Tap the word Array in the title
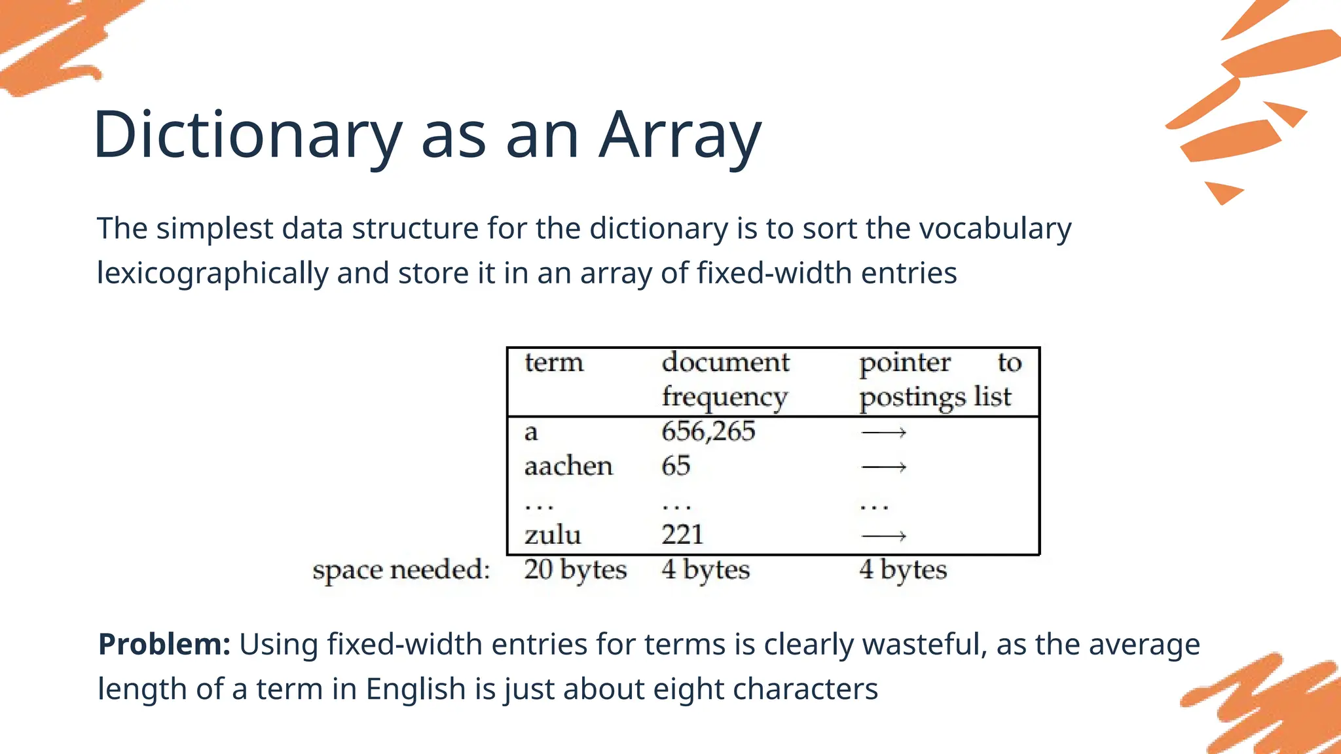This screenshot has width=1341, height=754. (680, 135)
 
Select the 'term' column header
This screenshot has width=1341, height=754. (553, 363)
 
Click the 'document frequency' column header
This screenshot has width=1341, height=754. (725, 380)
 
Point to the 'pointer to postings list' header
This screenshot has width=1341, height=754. (939, 380)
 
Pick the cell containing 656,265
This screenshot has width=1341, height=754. (708, 432)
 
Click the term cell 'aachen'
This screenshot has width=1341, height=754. (568, 467)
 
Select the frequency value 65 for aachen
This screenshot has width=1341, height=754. (676, 467)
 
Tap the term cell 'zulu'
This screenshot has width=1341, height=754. (553, 535)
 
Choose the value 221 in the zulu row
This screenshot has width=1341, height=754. (682, 535)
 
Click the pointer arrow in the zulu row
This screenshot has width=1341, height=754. (883, 537)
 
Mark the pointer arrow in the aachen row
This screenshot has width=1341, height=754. (883, 467)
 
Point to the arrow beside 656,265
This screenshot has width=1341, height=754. (883, 433)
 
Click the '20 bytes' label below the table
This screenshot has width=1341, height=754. (575, 570)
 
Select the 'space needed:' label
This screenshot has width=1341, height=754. (401, 570)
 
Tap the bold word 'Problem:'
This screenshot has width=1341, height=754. (164, 645)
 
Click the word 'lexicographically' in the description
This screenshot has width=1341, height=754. (212, 274)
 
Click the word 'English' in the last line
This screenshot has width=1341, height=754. (415, 689)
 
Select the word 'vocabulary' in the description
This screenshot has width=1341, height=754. (995, 229)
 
